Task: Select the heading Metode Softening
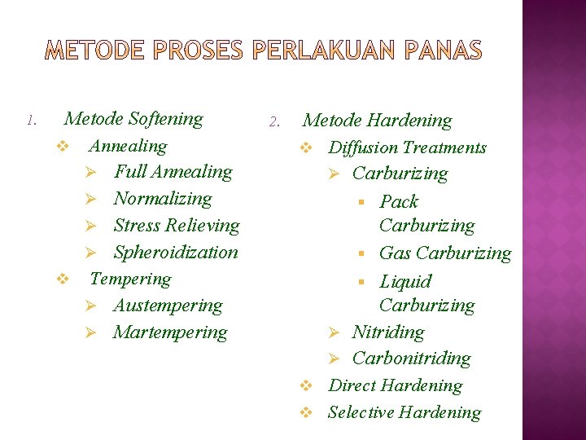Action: pyautogui.click(x=133, y=119)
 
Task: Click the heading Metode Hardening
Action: pyautogui.click(x=377, y=121)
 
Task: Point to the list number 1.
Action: pyautogui.click(x=31, y=121)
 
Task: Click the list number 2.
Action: pyautogui.click(x=274, y=123)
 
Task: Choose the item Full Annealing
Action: pyautogui.click(x=173, y=172)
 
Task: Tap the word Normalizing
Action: pyautogui.click(x=162, y=199)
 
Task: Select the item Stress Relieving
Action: pyautogui.click(x=177, y=226)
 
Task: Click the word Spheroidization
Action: pyautogui.click(x=176, y=253)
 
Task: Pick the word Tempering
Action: pyautogui.click(x=130, y=279)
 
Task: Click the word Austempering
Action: pyautogui.click(x=168, y=306)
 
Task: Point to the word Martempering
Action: pyautogui.click(x=170, y=332)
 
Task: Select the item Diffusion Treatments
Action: pyautogui.click(x=407, y=147)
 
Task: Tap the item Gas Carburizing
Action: pyautogui.click(x=445, y=253)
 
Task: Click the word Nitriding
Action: pyautogui.click(x=387, y=332)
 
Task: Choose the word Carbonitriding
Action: pyautogui.click(x=411, y=359)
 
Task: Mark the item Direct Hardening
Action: pyautogui.click(x=395, y=385)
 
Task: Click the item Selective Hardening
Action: pyautogui.click(x=404, y=412)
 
